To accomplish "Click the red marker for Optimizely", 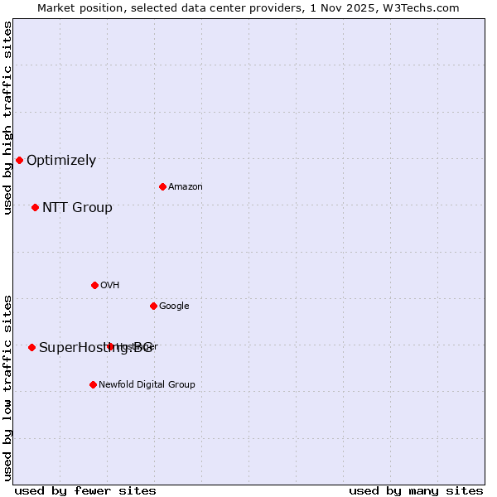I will pyautogui.click(x=19, y=160).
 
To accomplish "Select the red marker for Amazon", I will pyautogui.click(x=162, y=186).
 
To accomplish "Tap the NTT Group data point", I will pyautogui.click(x=35, y=207).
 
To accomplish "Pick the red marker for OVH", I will pyautogui.click(x=94, y=285).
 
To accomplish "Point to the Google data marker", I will pyautogui.click(x=153, y=306).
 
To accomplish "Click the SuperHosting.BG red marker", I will pyautogui.click(x=31, y=347).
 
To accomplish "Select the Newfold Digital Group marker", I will pyautogui.click(x=93, y=384).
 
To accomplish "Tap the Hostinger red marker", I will pyautogui.click(x=110, y=346).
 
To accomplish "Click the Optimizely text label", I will pyautogui.click(x=61, y=161).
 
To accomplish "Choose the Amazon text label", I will pyautogui.click(x=186, y=187).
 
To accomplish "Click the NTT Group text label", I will pyautogui.click(x=77, y=208).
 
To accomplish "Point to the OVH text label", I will pyautogui.click(x=110, y=286).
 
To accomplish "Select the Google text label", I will pyautogui.click(x=174, y=306).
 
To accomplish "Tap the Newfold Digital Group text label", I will pyautogui.click(x=147, y=385).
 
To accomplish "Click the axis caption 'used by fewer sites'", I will pyautogui.click(x=85, y=490).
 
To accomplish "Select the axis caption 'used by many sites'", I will pyautogui.click(x=416, y=490).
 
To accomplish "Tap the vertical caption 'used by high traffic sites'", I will pyautogui.click(x=8, y=118).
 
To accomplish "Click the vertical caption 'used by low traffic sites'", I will pyautogui.click(x=8, y=387).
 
